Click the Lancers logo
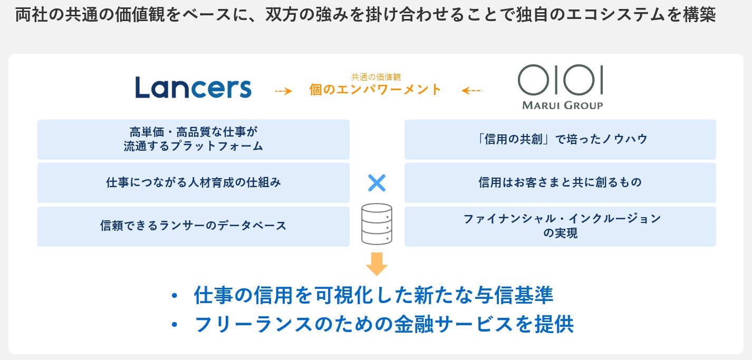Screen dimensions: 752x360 [x=193, y=87]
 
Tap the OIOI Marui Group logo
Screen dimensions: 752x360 [x=561, y=86]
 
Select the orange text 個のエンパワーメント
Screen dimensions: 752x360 [x=375, y=90]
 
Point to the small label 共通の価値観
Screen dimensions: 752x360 [x=376, y=77]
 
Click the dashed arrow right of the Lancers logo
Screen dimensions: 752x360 [x=283, y=91]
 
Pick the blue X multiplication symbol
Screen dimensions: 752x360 [x=377, y=183]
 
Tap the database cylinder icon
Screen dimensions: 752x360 [x=377, y=224]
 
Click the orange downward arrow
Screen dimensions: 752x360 [x=377, y=264]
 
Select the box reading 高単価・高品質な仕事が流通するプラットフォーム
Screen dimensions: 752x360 [x=193, y=139]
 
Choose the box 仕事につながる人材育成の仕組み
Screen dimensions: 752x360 [x=193, y=183]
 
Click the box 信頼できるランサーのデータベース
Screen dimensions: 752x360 [x=193, y=226]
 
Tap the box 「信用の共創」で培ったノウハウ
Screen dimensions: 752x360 [x=560, y=139]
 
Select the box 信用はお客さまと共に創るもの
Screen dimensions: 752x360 [x=560, y=183]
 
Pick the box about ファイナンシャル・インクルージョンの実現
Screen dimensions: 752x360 [x=560, y=226]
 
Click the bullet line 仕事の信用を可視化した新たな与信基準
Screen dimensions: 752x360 [x=373, y=295]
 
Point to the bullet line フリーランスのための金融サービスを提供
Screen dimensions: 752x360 [x=384, y=324]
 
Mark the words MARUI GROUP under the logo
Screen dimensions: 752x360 [x=562, y=105]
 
